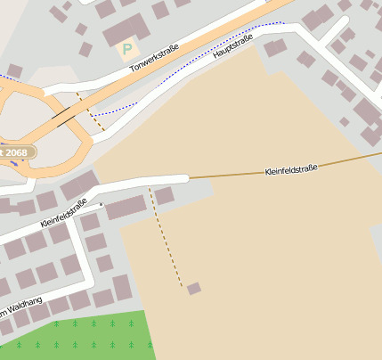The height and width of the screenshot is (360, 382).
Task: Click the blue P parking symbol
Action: point(126,48)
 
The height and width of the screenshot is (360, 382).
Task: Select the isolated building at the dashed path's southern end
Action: point(193,288)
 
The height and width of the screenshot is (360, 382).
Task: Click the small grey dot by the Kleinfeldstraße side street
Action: point(102,204)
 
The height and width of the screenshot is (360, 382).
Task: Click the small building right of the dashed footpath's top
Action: point(165,195)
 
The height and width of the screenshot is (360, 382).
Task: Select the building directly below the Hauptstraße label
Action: point(275,47)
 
